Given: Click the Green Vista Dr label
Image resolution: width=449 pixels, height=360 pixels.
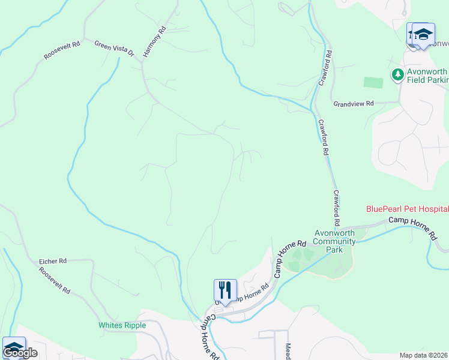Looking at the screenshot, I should click(114, 49).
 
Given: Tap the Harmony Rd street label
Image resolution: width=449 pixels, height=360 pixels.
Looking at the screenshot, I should click(154, 42).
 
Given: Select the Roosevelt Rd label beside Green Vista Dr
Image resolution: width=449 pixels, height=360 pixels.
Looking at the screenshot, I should click(61, 51).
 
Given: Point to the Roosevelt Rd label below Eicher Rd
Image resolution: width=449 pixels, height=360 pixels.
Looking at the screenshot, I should click(55, 280).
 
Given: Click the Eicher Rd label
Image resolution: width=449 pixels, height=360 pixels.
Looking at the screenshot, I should click(52, 262).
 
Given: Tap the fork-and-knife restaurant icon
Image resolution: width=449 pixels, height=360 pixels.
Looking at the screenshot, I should click(226, 290).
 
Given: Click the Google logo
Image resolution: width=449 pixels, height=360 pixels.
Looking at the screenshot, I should click(20, 353).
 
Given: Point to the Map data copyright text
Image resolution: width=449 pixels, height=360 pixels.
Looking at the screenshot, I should click(424, 355).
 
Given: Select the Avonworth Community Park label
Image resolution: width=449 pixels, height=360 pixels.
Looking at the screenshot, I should click(335, 241).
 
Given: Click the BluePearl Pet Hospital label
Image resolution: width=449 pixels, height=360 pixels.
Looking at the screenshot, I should click(408, 209).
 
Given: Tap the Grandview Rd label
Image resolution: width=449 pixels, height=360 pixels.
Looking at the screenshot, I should click(354, 103).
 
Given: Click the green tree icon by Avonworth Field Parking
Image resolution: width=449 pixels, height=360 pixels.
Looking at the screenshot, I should click(397, 75).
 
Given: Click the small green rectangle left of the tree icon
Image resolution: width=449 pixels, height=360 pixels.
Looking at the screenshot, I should click(373, 82).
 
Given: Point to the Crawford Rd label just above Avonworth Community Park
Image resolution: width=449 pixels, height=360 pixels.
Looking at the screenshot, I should click(337, 209).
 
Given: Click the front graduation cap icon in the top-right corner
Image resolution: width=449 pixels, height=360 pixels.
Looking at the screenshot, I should click(423, 34).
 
